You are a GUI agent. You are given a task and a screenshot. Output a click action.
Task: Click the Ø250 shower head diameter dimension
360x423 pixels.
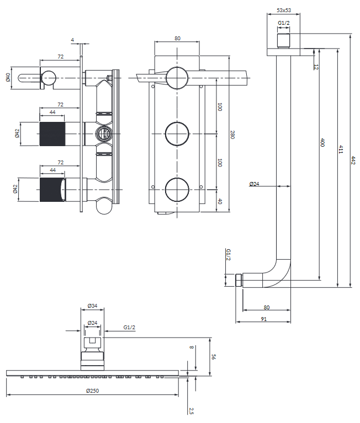click(x=92, y=390)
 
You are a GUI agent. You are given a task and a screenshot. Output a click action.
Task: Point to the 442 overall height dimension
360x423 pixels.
click(x=353, y=160)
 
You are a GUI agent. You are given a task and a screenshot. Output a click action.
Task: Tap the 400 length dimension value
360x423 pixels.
click(x=322, y=143)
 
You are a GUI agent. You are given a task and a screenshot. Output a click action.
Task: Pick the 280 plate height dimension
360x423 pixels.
click(x=232, y=135)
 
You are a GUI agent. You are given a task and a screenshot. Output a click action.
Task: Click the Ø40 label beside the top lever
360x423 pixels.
click(x=8, y=77)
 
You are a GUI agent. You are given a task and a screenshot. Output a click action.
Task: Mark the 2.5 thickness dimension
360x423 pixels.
click(x=191, y=410)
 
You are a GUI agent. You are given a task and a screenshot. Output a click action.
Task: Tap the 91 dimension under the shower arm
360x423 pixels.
click(x=263, y=319)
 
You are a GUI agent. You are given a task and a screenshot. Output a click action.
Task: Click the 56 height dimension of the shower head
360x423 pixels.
click(x=214, y=357)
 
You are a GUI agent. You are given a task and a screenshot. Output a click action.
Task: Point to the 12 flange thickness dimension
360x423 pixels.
click(x=316, y=66)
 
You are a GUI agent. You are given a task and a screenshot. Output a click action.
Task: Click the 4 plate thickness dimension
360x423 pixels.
click(x=72, y=40)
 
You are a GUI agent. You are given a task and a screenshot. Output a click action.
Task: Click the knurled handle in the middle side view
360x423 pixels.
click(x=52, y=133)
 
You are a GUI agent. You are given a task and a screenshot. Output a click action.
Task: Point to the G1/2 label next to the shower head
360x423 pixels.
click(x=129, y=328)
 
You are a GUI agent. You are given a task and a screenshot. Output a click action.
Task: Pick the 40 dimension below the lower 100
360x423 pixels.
click(x=219, y=201)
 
